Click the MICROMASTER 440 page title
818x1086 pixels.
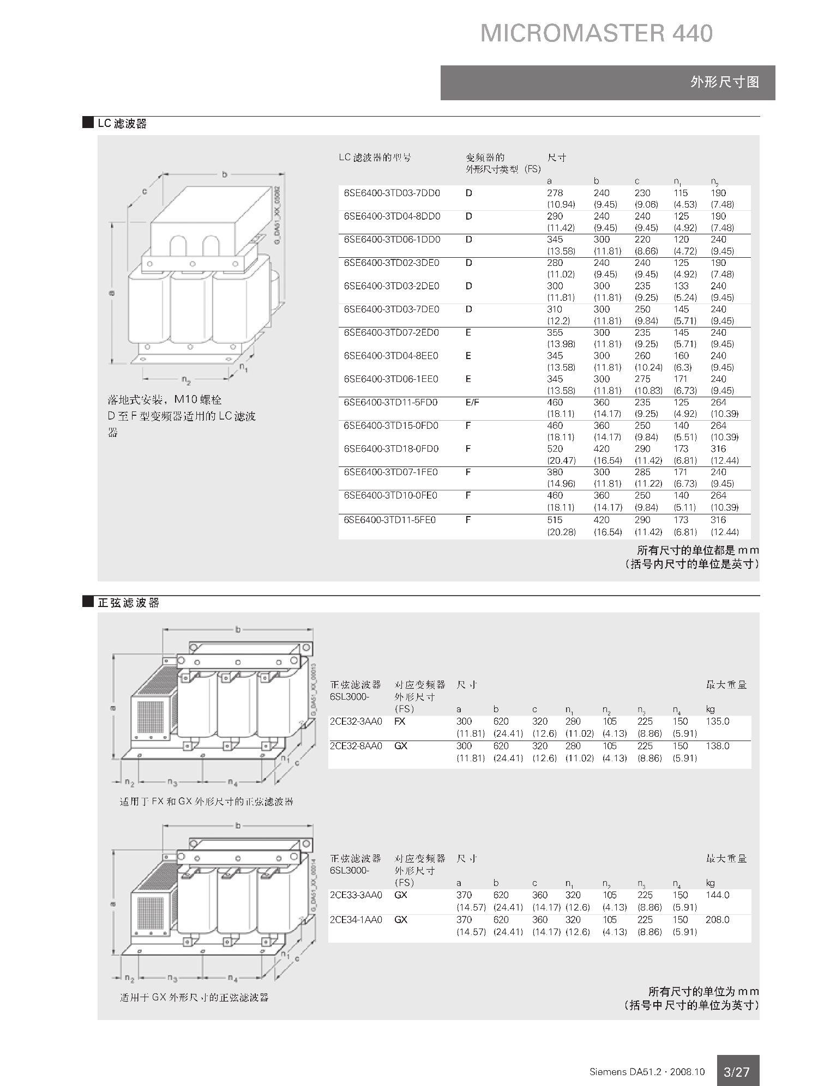596,33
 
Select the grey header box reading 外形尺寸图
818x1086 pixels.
608,82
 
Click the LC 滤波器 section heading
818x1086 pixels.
122,124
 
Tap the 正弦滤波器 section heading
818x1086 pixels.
128,603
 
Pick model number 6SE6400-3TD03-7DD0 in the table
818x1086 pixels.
392,193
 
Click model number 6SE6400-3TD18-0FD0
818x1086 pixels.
391,449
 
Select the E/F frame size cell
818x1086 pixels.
472,402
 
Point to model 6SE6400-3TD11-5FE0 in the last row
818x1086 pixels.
389,520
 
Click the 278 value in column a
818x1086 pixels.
555,193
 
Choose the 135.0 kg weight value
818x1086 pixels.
717,721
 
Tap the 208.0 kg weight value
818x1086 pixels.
717,920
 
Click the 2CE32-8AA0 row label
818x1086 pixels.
356,746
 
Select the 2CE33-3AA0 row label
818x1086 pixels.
356,895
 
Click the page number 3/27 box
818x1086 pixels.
736,1072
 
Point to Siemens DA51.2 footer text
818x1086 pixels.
647,1072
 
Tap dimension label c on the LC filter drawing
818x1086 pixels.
145,191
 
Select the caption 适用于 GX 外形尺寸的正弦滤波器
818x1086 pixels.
194,998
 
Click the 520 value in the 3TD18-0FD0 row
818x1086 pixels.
555,449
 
